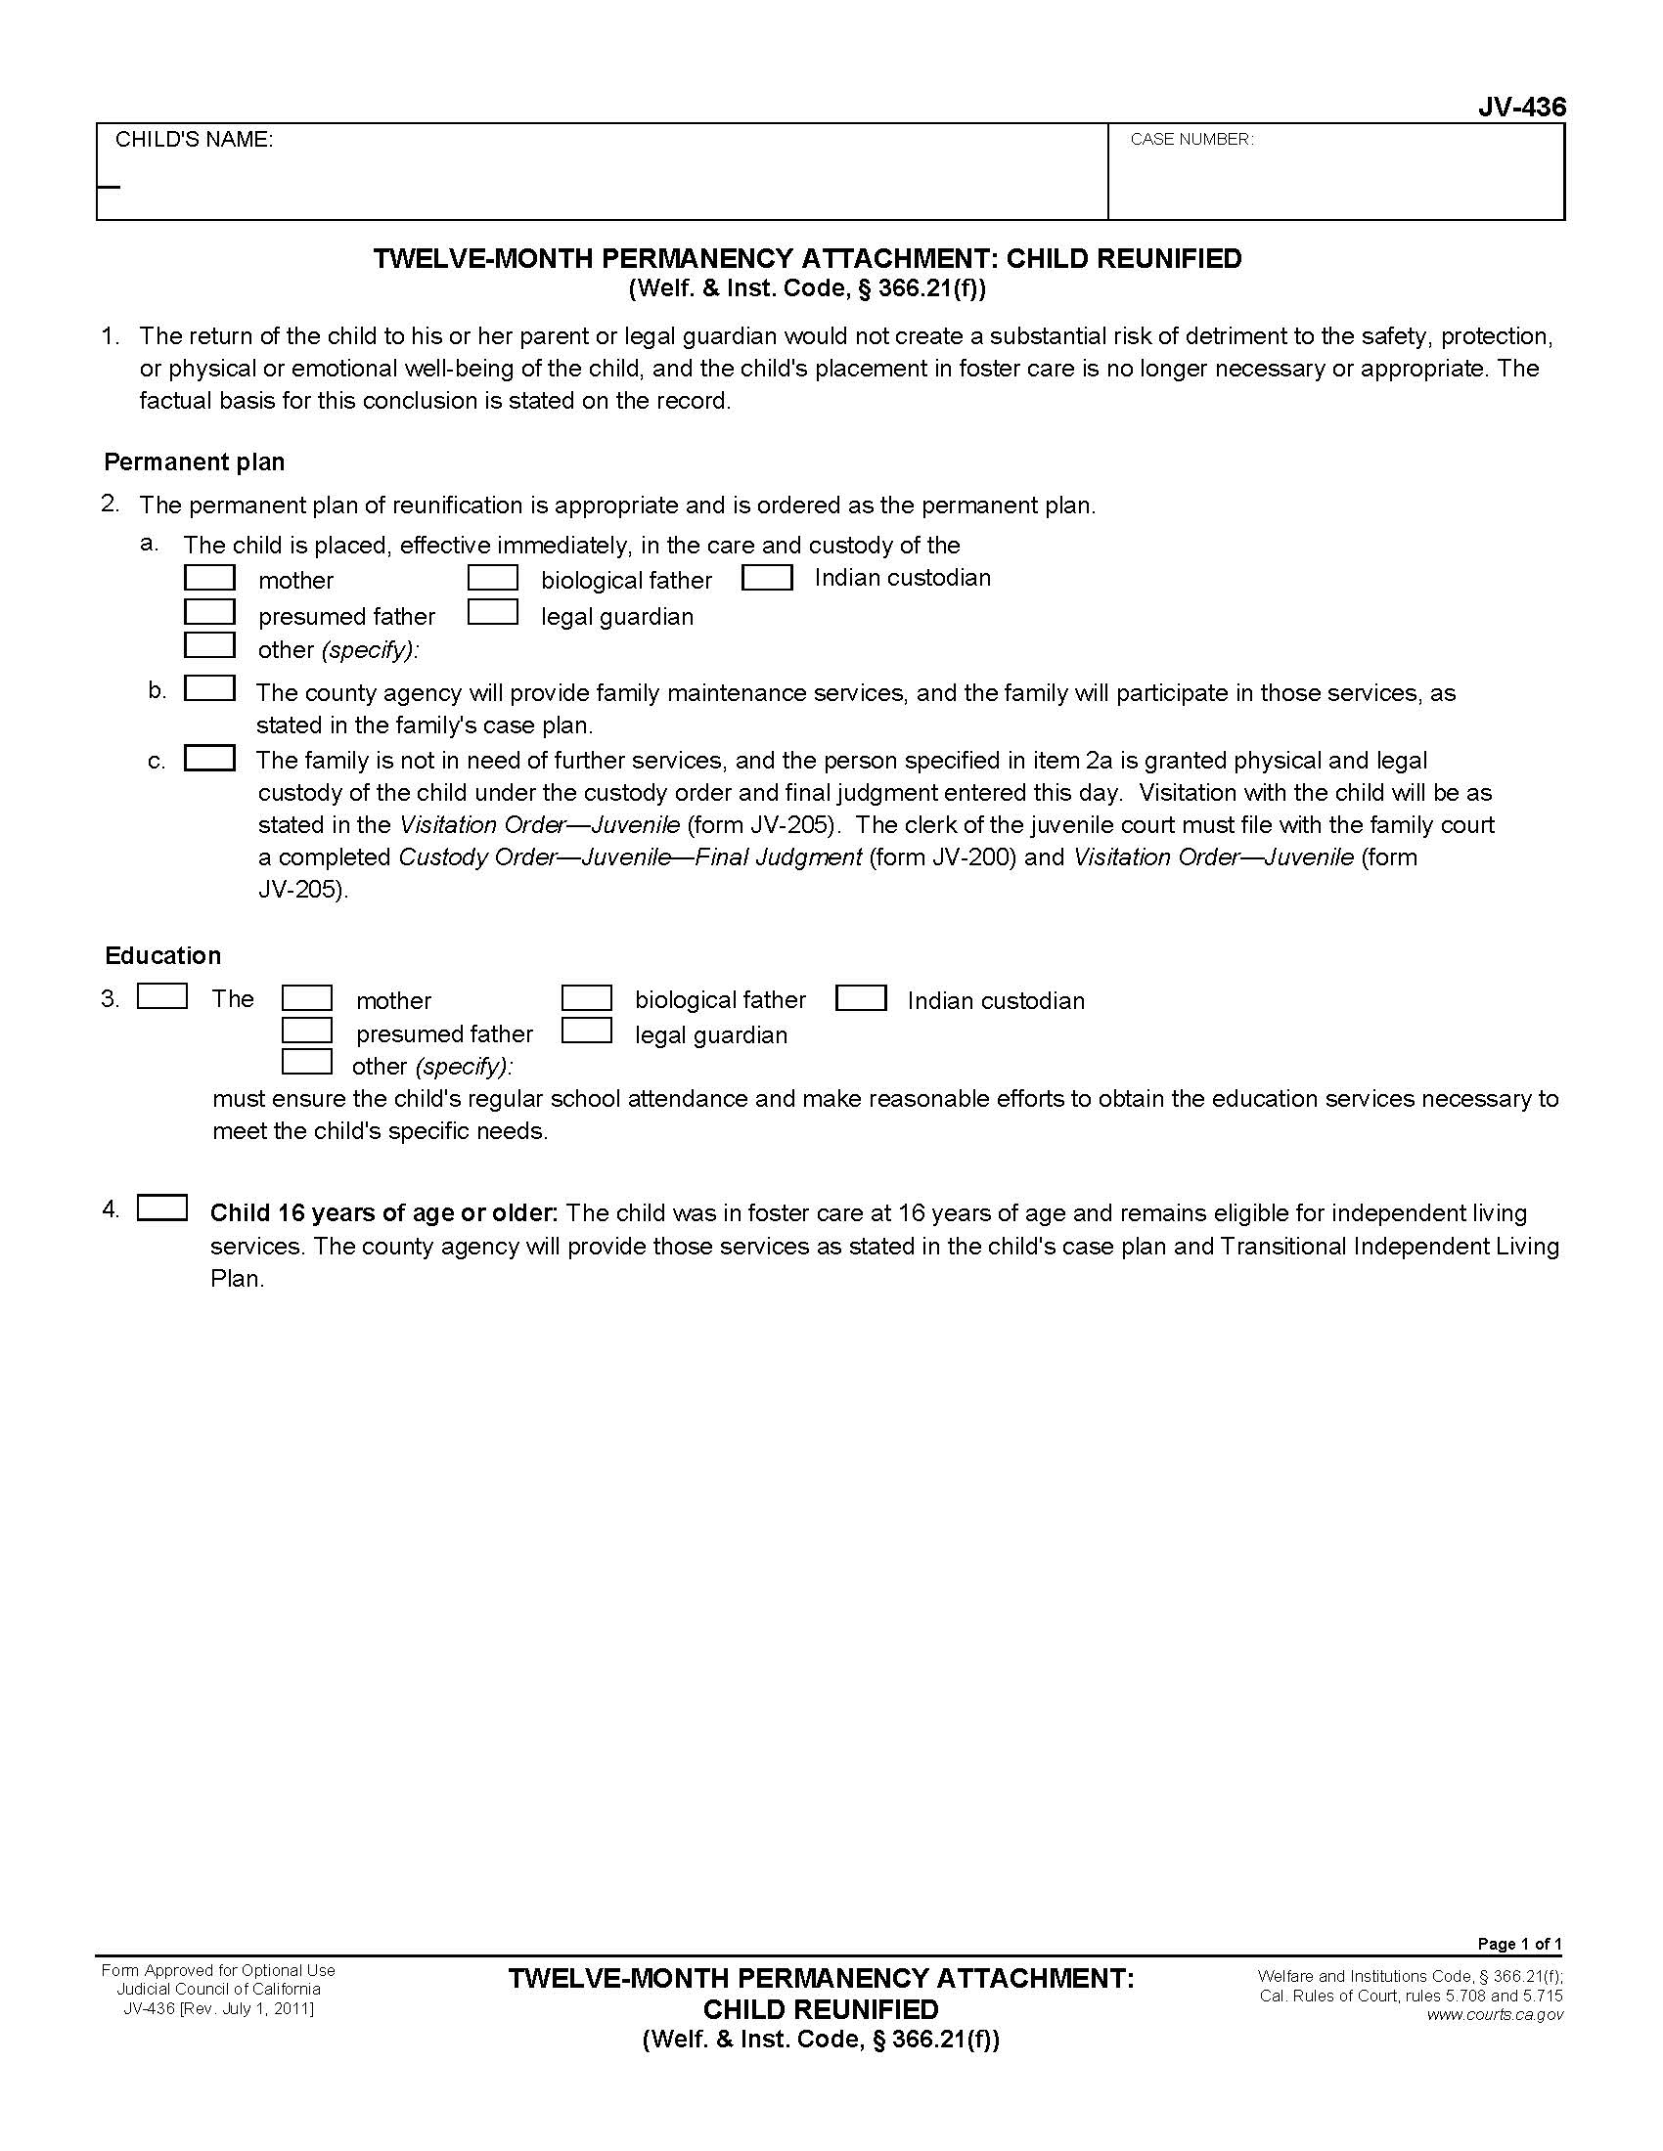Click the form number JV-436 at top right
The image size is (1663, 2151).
(x=1520, y=108)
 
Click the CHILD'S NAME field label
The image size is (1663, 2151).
(x=194, y=140)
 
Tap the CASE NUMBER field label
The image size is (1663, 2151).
(x=1191, y=140)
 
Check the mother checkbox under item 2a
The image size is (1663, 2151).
(x=210, y=577)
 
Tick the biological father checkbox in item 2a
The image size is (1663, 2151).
(x=493, y=577)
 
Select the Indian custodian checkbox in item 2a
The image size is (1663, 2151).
(x=767, y=577)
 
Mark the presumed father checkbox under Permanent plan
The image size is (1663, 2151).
(x=210, y=613)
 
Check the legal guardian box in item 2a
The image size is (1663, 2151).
(x=493, y=613)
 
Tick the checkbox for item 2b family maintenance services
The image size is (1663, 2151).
(x=210, y=688)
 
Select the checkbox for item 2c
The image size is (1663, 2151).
(x=210, y=758)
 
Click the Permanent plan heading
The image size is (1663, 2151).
(x=194, y=461)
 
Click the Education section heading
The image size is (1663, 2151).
(x=162, y=955)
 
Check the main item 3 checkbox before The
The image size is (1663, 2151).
(x=162, y=996)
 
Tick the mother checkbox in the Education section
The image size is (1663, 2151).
(x=306, y=998)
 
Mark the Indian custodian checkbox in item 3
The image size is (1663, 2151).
(x=860, y=998)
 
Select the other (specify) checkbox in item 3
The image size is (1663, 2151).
(x=306, y=1062)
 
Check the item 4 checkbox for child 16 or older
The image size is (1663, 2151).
(x=162, y=1207)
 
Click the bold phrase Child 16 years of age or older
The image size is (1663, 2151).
(x=384, y=1212)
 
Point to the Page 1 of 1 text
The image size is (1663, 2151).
(x=1519, y=1943)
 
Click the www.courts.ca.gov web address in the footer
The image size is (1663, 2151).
(x=1494, y=2014)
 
